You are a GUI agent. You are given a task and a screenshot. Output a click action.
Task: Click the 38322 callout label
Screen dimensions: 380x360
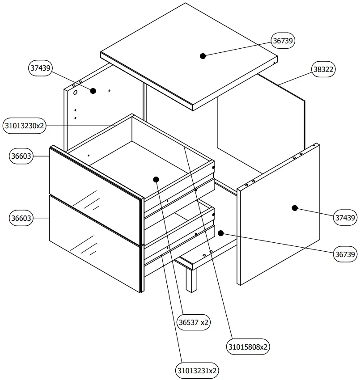click(323, 69)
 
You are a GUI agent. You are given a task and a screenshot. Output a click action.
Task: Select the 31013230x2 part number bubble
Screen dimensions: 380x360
click(24, 126)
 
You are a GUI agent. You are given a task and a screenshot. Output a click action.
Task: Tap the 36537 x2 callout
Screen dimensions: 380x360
click(194, 322)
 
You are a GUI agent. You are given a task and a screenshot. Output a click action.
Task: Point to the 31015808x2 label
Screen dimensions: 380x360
click(249, 346)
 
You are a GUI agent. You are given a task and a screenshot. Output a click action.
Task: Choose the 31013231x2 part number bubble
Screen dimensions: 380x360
click(197, 370)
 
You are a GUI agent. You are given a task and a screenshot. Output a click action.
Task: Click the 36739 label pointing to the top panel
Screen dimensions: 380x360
click(284, 41)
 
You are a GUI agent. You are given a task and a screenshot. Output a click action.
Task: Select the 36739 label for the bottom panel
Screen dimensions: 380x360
click(346, 254)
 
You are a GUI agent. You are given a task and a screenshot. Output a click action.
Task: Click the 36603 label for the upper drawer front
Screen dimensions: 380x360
click(21, 156)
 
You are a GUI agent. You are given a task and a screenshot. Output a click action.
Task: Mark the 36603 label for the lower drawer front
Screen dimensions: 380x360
click(21, 218)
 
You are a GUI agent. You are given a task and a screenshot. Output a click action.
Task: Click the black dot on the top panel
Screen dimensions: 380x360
click(203, 56)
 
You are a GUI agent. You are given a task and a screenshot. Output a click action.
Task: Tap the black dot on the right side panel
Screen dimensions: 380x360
click(295, 208)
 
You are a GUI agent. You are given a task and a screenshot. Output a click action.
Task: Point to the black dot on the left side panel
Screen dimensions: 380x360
click(93, 91)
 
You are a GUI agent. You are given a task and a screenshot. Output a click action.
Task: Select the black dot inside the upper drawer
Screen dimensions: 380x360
click(156, 179)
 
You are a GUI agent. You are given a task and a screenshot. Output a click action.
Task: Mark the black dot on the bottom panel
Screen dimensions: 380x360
click(220, 233)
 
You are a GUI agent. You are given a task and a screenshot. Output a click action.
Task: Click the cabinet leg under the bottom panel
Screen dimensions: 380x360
click(191, 279)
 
